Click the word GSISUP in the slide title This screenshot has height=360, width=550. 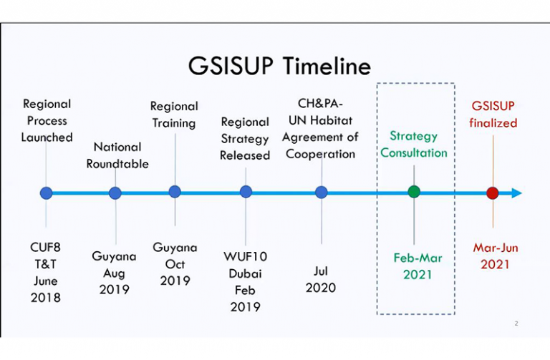click(x=231, y=66)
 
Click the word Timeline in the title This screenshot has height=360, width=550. click(x=327, y=66)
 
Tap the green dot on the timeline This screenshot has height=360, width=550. click(x=414, y=192)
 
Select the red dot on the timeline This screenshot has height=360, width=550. click(x=493, y=193)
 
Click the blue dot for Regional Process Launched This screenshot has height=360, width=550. click(x=47, y=193)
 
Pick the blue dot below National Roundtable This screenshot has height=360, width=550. click(x=115, y=193)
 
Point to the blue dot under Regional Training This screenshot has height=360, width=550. click(x=175, y=192)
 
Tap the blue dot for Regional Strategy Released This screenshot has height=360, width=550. click(x=246, y=192)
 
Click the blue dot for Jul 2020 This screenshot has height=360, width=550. click(x=322, y=192)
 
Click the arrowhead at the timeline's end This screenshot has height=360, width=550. click(x=516, y=193)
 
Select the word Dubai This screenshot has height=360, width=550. click(x=245, y=273)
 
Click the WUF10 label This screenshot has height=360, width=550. click(x=245, y=257)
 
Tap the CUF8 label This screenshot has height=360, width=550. click(x=45, y=248)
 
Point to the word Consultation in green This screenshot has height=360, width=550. click(x=414, y=153)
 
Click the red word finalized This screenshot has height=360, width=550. click(x=493, y=122)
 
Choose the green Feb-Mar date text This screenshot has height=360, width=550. click(x=418, y=258)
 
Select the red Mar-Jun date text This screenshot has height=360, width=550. click(x=496, y=248)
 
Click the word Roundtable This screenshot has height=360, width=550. click(x=117, y=164)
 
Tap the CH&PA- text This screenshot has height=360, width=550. click(x=320, y=103)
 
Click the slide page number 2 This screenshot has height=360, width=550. click(x=516, y=323)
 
